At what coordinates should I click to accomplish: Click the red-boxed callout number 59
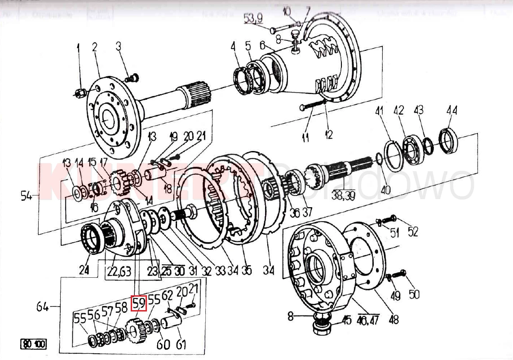138,303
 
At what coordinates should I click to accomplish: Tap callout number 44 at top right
451,110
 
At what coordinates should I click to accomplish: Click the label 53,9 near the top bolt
253,18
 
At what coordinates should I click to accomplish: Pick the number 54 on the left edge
27,196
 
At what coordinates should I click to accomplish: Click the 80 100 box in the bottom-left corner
33,345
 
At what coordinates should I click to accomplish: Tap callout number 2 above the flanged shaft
95,47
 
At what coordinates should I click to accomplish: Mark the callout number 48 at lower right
394,320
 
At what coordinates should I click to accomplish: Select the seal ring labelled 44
449,138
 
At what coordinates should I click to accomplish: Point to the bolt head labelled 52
393,218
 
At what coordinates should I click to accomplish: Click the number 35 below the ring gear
246,271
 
